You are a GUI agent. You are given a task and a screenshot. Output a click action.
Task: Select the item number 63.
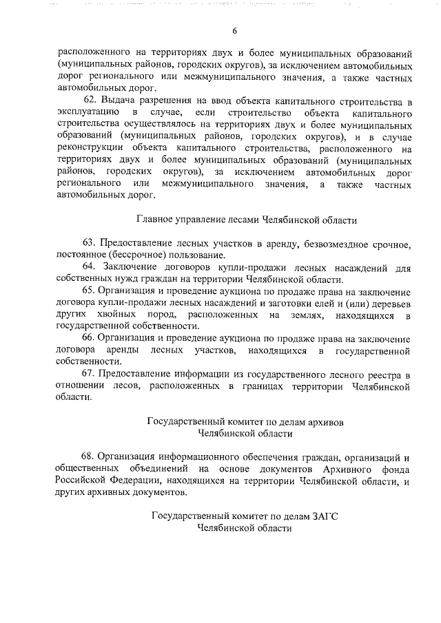(90, 244)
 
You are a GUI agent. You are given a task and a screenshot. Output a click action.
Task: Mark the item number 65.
(90, 291)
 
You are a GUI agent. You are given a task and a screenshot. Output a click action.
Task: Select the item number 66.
(90, 339)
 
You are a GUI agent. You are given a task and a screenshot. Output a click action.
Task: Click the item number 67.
(90, 374)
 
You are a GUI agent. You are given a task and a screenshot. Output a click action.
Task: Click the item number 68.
(90, 458)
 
